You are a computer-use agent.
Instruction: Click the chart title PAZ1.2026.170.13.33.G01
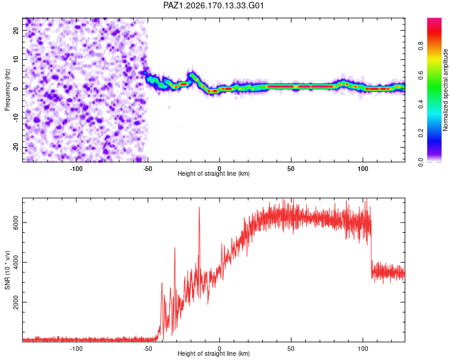pyautogui.click(x=213, y=5)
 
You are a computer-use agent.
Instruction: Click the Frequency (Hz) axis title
pyautogui.click(x=7, y=90)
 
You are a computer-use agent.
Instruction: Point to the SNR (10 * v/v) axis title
pyautogui.click(x=7, y=270)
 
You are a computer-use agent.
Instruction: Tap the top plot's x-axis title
pyautogui.click(x=214, y=173)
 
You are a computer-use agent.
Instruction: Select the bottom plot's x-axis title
pyautogui.click(x=214, y=353)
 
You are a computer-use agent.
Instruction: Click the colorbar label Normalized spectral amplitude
pyautogui.click(x=445, y=90)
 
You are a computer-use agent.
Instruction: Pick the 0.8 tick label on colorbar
pyautogui.click(x=421, y=46)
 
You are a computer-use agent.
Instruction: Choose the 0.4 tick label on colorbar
pyautogui.click(x=421, y=104)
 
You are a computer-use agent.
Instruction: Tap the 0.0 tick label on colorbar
pyautogui.click(x=421, y=162)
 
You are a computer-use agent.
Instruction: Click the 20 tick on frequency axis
pyautogui.click(x=16, y=31)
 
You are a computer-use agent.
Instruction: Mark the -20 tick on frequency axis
pyautogui.click(x=16, y=147)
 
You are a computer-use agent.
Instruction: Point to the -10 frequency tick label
pyautogui.click(x=16, y=118)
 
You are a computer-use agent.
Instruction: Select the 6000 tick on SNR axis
pyautogui.click(x=16, y=223)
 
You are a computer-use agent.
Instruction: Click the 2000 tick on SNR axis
pyautogui.click(x=16, y=302)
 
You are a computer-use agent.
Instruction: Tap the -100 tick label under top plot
pyautogui.click(x=76, y=169)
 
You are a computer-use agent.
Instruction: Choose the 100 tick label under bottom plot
pyautogui.click(x=363, y=349)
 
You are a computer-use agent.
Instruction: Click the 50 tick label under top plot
pyautogui.click(x=291, y=169)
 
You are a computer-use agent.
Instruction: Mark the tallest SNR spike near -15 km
pyautogui.click(x=199, y=207)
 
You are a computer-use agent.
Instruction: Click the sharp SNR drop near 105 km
pyautogui.click(x=371, y=247)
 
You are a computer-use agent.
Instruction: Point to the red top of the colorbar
pyautogui.click(x=434, y=20)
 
